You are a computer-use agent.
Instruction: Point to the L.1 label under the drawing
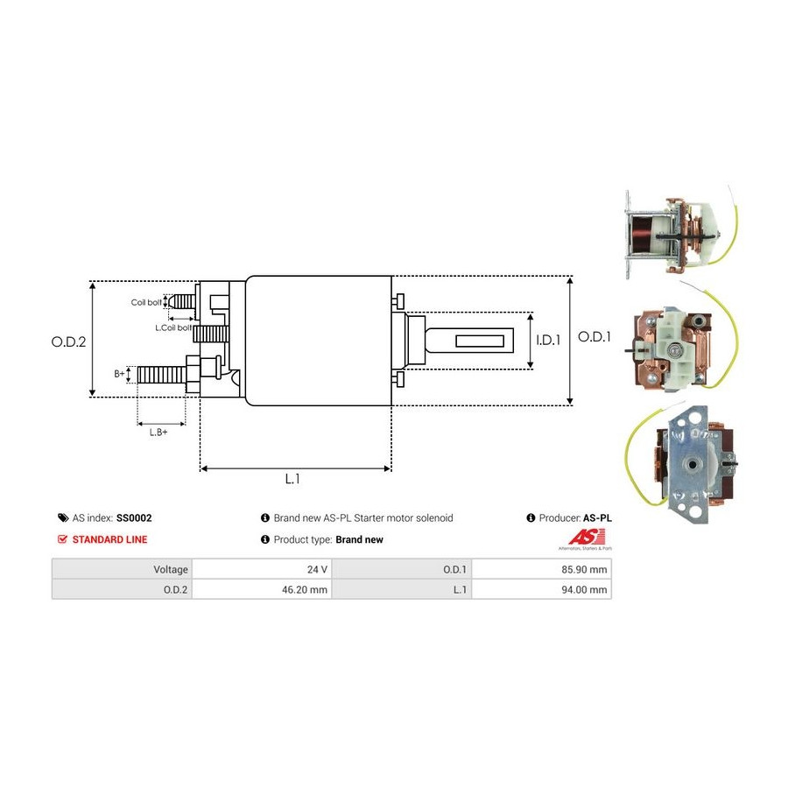[292, 479]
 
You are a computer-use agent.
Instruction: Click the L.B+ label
[158, 432]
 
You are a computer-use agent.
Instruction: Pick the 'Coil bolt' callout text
[146, 302]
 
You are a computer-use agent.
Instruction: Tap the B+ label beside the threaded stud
[119, 374]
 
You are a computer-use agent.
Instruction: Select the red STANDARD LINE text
[109, 539]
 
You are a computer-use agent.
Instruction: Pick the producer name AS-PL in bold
[597, 518]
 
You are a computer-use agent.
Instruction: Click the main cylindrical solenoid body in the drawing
[318, 341]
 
